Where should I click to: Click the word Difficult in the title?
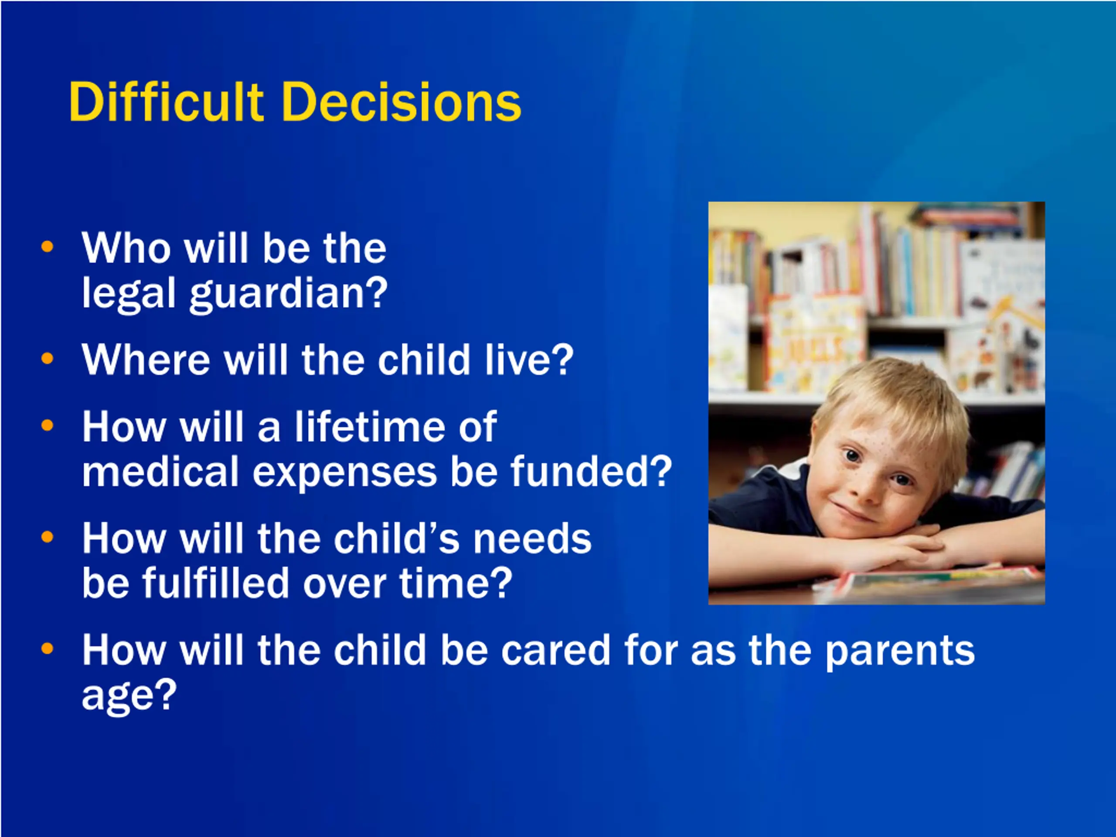(x=166, y=102)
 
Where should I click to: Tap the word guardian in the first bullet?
(x=289, y=295)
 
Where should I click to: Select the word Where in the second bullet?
(x=146, y=360)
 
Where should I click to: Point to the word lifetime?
(x=369, y=427)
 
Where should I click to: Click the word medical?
(x=160, y=471)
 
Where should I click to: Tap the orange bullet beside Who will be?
(x=47, y=247)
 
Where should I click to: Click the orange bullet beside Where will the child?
(x=47, y=359)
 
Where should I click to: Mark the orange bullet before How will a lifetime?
(x=47, y=425)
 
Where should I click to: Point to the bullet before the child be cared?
(x=47, y=648)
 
